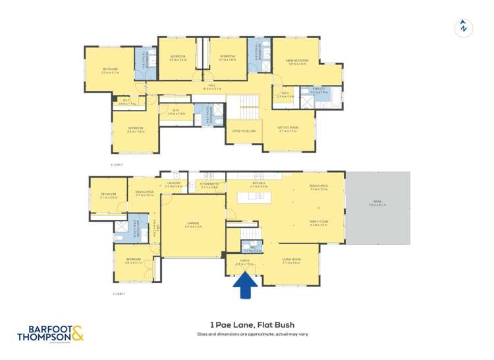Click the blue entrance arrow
(246, 285)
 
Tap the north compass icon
(464, 28)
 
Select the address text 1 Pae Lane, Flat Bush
(252, 324)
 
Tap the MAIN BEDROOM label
(297, 61)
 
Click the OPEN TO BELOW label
(243, 130)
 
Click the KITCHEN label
(258, 184)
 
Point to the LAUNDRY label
(173, 184)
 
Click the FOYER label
(244, 261)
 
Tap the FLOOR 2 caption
(117, 164)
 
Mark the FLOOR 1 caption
(119, 293)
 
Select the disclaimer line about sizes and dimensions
(252, 334)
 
